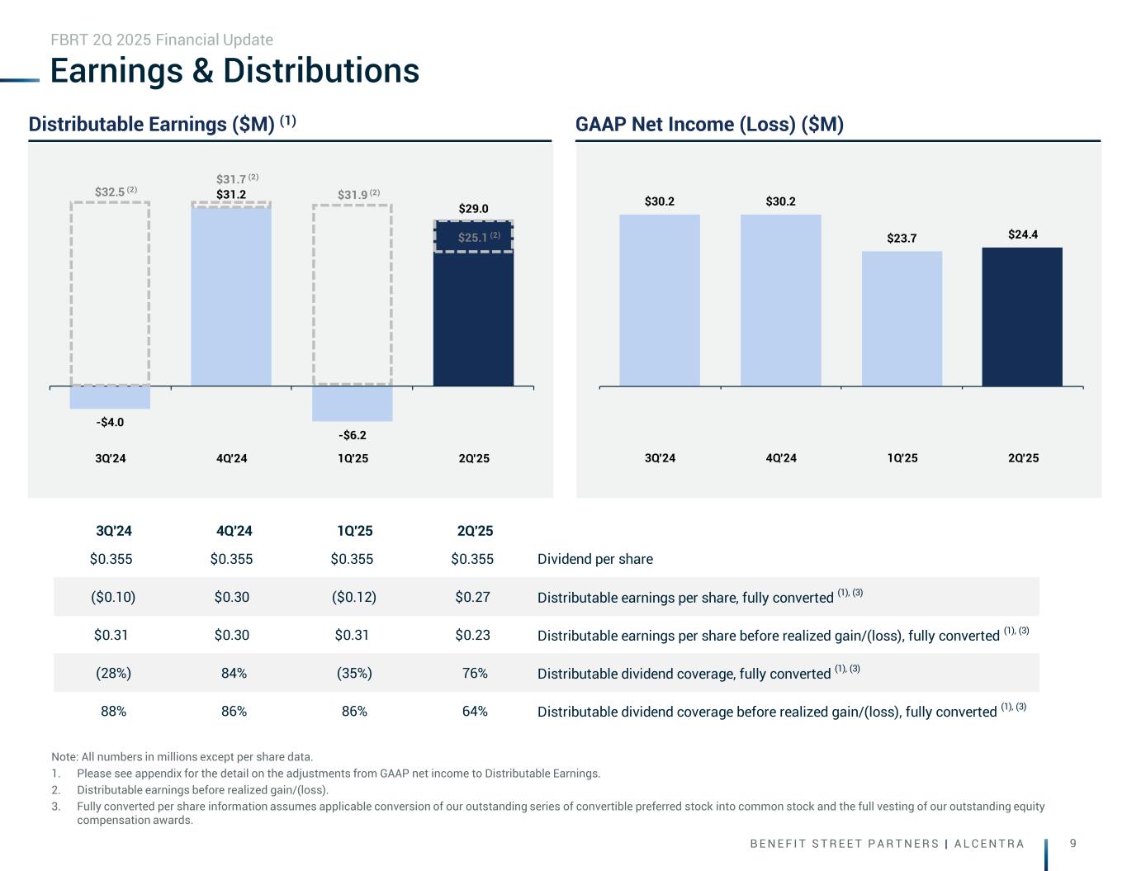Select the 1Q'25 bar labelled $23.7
point(902,319)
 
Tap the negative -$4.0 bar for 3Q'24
point(110,397)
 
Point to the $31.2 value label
point(231,195)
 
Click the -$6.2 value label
point(353,435)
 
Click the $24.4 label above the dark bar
point(1022,234)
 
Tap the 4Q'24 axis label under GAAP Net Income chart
point(781,458)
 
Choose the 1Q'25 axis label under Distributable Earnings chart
point(353,458)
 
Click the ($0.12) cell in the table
point(353,597)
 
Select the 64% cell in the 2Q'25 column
point(475,711)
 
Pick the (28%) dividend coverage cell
point(113,673)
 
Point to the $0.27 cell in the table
point(472,597)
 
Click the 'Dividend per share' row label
point(594,559)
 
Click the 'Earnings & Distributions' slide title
point(234,71)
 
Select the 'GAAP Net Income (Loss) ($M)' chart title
point(709,125)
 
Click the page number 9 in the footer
point(1073,843)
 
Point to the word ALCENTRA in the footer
point(989,844)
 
